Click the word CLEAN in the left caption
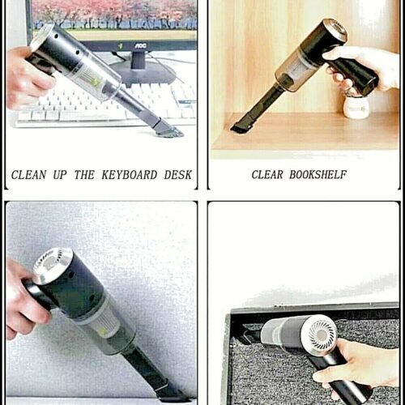pos(28,174)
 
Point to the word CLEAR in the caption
pos(268,174)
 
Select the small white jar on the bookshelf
pos(356,105)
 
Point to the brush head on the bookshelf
pos(241,126)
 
